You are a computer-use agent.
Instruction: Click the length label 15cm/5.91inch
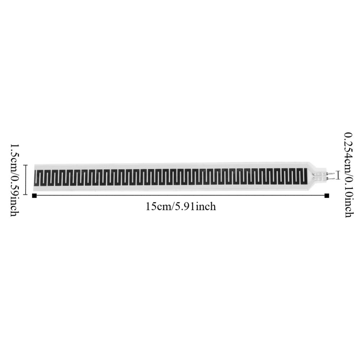pos(181,207)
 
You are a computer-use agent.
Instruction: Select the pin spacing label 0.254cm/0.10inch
pos(348,175)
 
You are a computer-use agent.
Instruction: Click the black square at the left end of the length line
pos(34,195)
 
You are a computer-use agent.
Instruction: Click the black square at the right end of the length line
pos(327,195)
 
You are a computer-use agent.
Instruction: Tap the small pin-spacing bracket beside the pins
pos(338,175)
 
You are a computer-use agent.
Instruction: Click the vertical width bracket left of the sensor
pos(25,180)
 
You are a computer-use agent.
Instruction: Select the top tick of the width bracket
pos(25,165)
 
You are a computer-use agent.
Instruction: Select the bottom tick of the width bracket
pos(25,194)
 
